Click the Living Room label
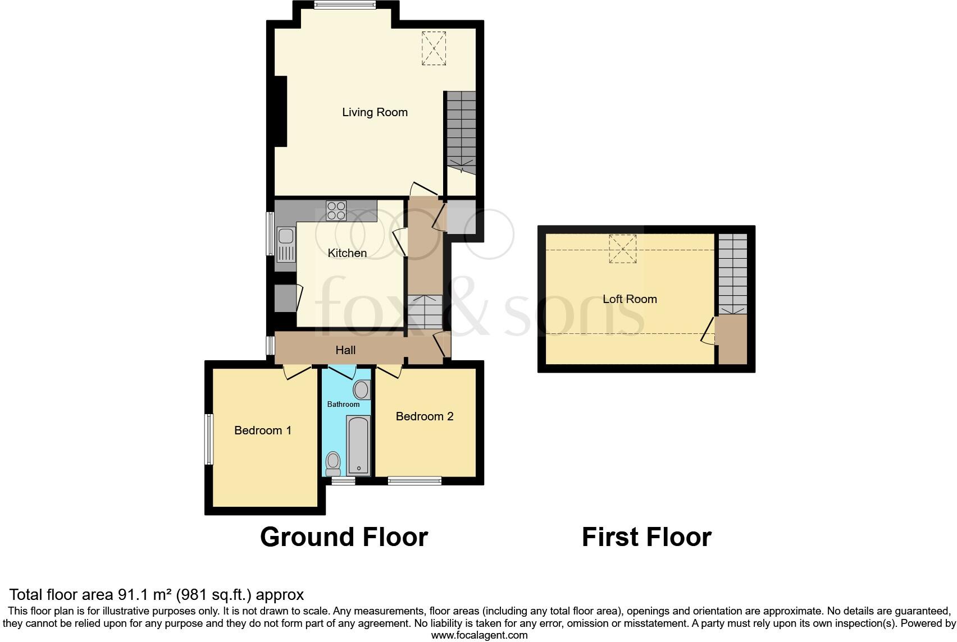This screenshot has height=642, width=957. click(x=375, y=112)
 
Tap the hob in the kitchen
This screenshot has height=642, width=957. click(x=336, y=210)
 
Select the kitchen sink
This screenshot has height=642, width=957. click(x=285, y=245)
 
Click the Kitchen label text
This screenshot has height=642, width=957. click(x=347, y=253)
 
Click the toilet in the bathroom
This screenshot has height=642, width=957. click(x=333, y=464)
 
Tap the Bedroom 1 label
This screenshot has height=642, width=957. click(x=263, y=430)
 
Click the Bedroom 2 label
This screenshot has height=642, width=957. click(x=424, y=416)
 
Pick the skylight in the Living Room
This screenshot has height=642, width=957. click(x=434, y=49)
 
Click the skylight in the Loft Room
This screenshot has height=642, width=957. click(x=622, y=249)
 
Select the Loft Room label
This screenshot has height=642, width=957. click(x=630, y=299)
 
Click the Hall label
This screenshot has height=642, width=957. click(x=345, y=350)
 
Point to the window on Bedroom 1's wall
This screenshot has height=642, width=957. click(x=209, y=439)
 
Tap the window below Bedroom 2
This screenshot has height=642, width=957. click(x=414, y=480)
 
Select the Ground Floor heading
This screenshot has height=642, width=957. click(x=344, y=537)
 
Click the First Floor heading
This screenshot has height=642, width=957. click(x=646, y=537)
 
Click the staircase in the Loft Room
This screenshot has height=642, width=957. click(x=733, y=274)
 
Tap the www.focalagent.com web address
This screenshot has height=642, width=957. click(x=479, y=635)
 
